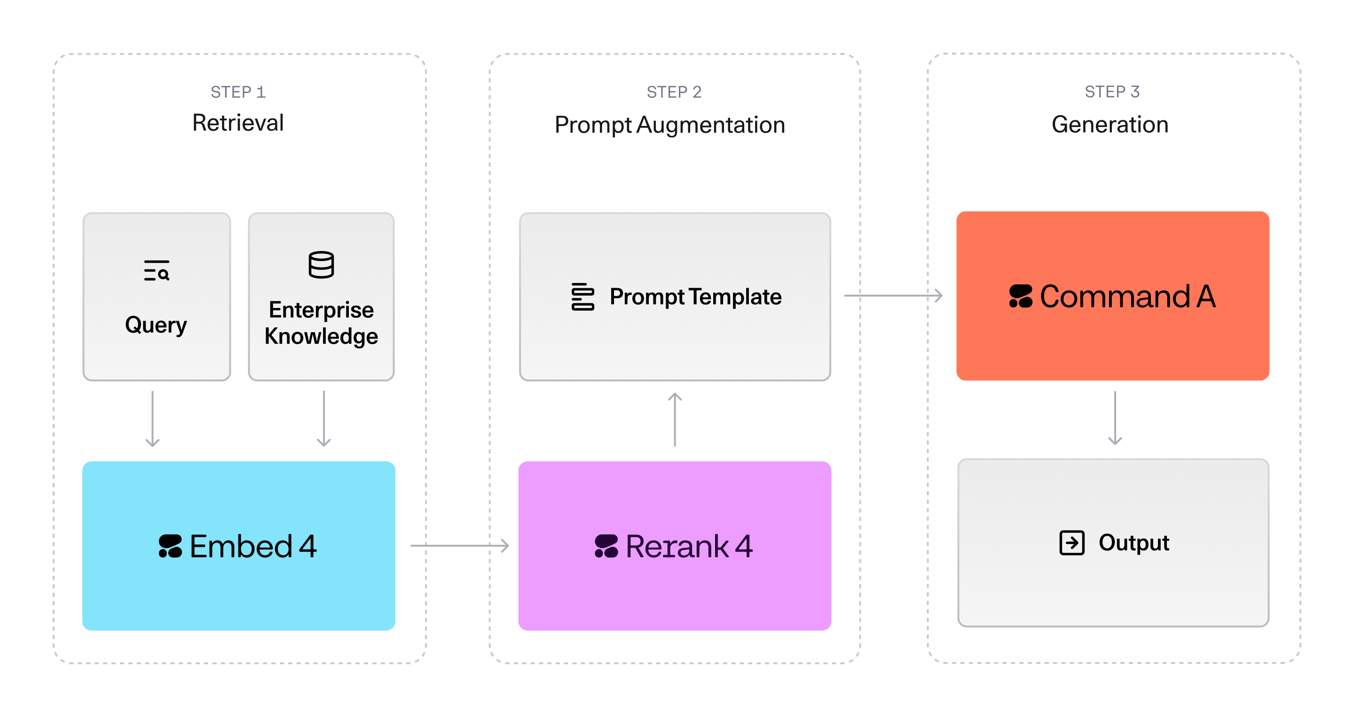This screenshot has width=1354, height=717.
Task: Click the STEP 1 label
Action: point(238,92)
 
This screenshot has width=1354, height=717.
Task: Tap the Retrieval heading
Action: point(238,123)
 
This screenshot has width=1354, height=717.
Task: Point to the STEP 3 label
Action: point(1112,92)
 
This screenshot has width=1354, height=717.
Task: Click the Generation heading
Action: point(1110,125)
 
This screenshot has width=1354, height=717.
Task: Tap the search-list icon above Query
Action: point(157,270)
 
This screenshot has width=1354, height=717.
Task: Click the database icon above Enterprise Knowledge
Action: point(321,264)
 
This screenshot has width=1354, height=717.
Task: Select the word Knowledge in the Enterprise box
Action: point(321,337)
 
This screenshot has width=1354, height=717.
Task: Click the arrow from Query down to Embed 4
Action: point(152,419)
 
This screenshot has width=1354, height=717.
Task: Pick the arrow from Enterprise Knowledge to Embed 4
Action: point(324,419)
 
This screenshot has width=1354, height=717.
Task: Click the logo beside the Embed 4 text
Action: point(170,546)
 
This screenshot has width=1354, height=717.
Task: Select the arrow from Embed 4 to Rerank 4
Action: point(460,546)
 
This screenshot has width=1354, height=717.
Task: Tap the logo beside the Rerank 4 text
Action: point(606,546)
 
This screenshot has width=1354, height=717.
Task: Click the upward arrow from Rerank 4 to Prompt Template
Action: point(675,419)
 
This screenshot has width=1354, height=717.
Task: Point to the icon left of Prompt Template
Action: point(583,297)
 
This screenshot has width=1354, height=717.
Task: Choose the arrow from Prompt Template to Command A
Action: point(894,295)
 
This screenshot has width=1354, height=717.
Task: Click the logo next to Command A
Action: point(1021,296)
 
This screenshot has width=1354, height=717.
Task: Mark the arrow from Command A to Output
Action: point(1115,418)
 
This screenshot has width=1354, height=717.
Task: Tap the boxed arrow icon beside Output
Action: point(1072,543)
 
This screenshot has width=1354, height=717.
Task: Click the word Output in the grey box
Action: point(1134,543)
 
